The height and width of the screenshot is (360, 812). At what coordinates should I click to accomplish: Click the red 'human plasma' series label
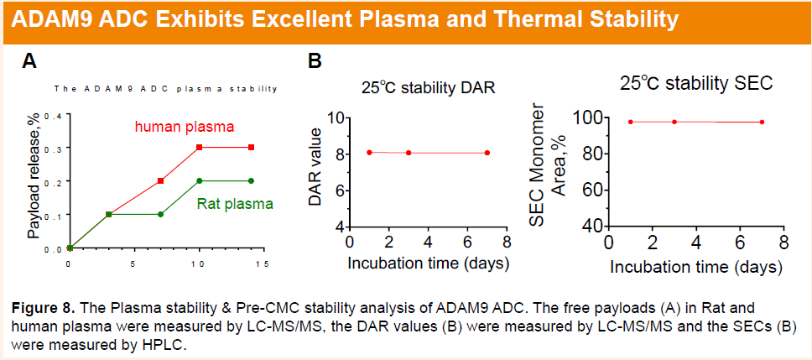click(x=184, y=127)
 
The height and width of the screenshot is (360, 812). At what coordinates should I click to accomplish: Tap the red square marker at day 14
click(x=251, y=148)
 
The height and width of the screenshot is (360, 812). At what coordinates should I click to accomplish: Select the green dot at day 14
click(x=251, y=180)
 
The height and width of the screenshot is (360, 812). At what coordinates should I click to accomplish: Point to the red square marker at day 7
click(x=161, y=180)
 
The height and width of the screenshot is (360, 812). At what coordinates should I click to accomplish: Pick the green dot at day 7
click(x=161, y=214)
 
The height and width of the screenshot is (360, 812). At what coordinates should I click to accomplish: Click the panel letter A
click(x=30, y=61)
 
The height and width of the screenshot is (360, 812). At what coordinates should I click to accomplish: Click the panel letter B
click(x=315, y=61)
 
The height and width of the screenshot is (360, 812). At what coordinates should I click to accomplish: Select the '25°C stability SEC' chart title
click(x=695, y=84)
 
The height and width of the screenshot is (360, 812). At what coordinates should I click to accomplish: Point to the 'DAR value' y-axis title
click(x=315, y=173)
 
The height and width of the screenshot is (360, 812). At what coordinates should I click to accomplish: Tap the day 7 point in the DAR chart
click(x=487, y=153)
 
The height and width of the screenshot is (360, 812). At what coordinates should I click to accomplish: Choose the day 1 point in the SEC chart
click(x=630, y=122)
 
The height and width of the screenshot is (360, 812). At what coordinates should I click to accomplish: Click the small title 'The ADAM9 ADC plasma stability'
click(x=165, y=88)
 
